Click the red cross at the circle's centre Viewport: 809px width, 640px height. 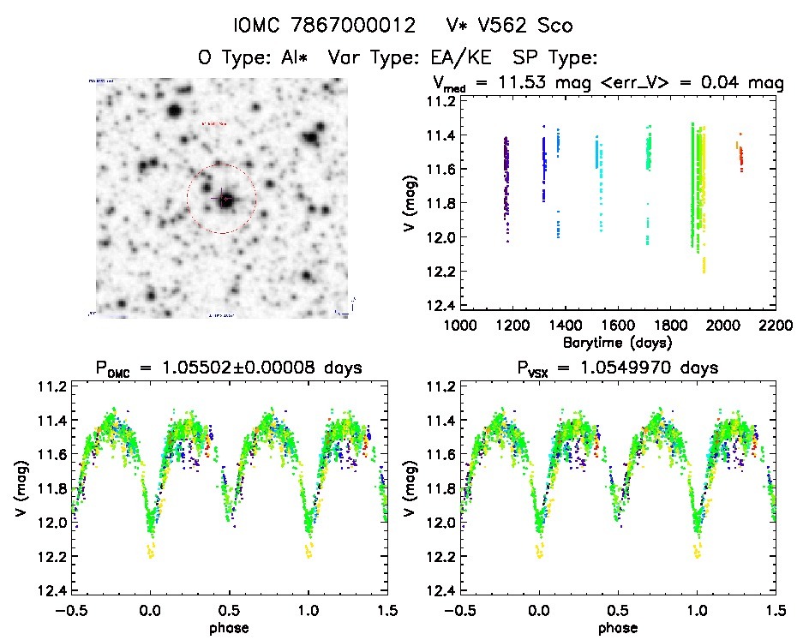(x=225, y=199)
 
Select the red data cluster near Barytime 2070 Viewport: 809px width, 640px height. (x=741, y=157)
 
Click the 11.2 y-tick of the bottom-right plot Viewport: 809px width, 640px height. (x=439, y=387)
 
